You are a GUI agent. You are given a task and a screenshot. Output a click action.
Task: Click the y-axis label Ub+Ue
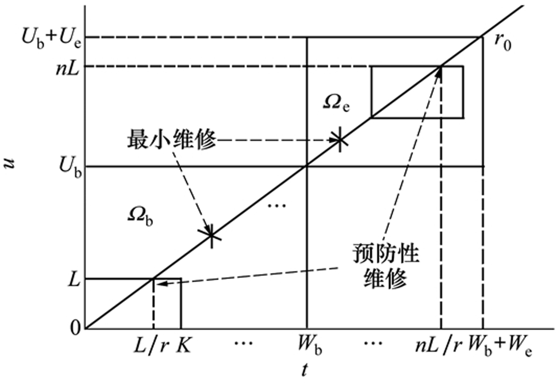click(52, 40)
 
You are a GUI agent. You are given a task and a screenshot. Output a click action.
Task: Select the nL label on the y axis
click(68, 67)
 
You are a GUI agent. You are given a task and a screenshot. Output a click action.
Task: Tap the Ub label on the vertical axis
click(70, 167)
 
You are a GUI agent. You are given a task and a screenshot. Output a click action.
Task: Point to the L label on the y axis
click(74, 280)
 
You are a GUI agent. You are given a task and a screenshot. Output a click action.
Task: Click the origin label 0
click(75, 329)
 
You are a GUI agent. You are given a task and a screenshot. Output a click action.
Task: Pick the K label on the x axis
click(184, 345)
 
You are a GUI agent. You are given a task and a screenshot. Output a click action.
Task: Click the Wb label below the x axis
click(309, 347)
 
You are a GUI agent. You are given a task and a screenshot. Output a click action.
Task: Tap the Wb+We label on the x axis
click(500, 347)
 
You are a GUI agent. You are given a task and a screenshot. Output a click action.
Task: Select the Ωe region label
click(336, 104)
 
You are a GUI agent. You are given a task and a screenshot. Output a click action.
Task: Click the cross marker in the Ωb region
click(211, 235)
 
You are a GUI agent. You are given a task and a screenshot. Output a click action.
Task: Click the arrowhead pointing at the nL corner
click(439, 72)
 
